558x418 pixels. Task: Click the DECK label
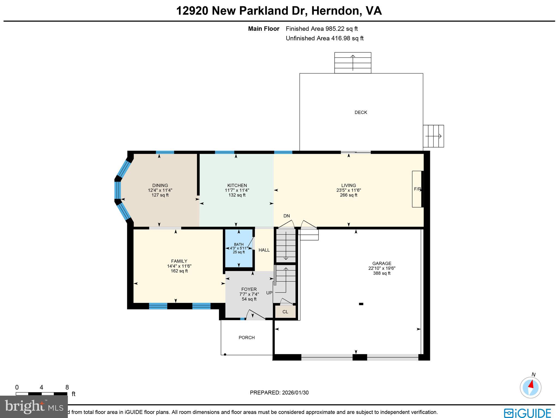click(x=361, y=112)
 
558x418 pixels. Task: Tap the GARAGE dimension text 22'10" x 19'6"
click(x=382, y=268)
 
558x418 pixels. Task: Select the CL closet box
click(x=285, y=312)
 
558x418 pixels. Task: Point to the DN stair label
click(x=286, y=216)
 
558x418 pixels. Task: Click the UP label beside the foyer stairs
click(x=269, y=293)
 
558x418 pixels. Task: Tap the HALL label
click(x=264, y=250)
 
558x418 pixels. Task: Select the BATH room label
click(x=239, y=244)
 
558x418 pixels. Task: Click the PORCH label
click(x=247, y=338)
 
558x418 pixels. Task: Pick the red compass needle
click(x=531, y=384)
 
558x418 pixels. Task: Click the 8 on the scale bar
click(x=67, y=387)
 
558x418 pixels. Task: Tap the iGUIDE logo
click(x=527, y=413)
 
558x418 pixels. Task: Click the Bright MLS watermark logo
click(x=34, y=407)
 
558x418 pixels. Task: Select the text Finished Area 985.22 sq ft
click(x=322, y=29)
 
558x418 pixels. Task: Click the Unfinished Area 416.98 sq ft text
click(x=325, y=38)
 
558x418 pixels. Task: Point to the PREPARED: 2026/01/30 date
click(x=279, y=393)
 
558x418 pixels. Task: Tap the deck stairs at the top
click(x=353, y=63)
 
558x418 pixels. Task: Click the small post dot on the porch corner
click(x=225, y=354)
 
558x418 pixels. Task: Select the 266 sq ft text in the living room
click(x=348, y=195)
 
